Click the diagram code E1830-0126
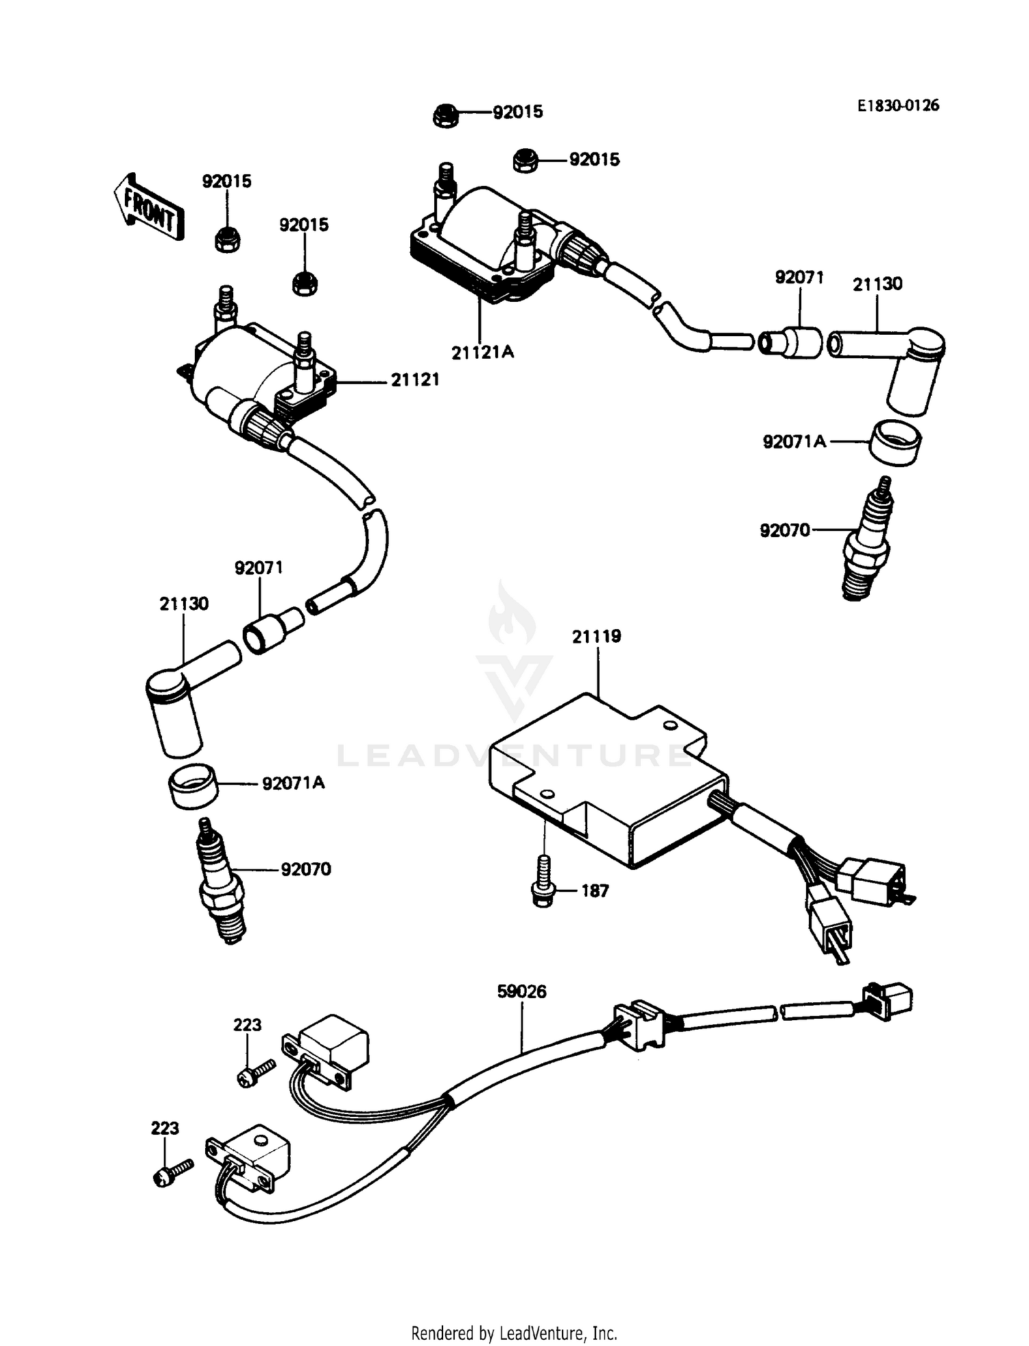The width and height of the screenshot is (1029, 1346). point(897,106)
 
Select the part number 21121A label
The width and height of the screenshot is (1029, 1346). point(482,353)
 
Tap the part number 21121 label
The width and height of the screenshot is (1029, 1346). point(415,379)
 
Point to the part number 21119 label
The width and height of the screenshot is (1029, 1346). point(597,637)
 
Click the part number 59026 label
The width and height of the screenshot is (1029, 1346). point(522,992)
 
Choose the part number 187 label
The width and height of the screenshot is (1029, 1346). point(595,891)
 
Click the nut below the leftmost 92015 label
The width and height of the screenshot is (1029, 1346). point(226,240)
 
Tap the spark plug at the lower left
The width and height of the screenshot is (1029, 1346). point(221,882)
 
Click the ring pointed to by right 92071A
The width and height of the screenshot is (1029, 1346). point(896,443)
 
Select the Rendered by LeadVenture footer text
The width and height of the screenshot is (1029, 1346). point(514,1333)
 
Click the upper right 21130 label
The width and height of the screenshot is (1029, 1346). point(877,284)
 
